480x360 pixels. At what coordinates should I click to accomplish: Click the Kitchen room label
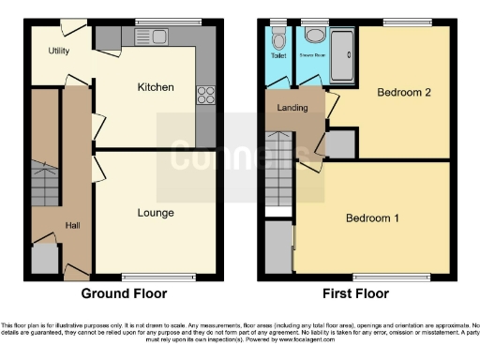(156, 87)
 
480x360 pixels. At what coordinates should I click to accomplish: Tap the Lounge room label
(156, 213)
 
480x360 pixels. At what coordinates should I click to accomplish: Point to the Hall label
(72, 225)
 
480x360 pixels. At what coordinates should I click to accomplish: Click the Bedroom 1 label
(372, 218)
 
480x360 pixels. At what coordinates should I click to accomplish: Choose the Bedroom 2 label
(403, 92)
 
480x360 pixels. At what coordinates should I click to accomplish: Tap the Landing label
(292, 109)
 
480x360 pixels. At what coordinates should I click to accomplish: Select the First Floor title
(356, 293)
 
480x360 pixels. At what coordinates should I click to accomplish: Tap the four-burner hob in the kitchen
(205, 94)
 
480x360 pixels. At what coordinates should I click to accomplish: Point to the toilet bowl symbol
(278, 40)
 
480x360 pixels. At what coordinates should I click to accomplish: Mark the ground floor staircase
(45, 183)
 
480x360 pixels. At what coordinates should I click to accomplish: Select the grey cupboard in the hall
(44, 259)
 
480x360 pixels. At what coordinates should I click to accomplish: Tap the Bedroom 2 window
(405, 21)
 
